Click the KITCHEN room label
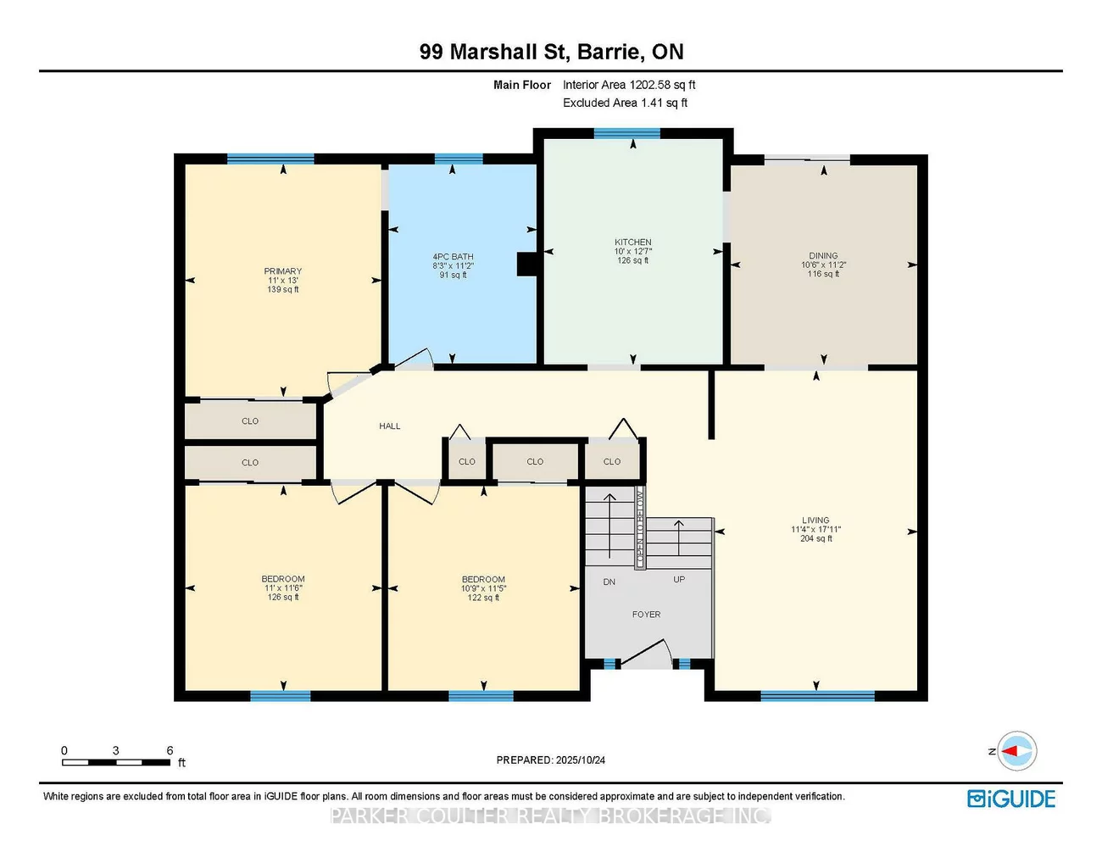[x=633, y=242]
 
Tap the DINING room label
[x=822, y=256]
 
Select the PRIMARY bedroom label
[x=283, y=271]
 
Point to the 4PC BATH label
[x=453, y=257]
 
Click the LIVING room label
[x=815, y=521]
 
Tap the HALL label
[x=390, y=426]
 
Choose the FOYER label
[x=646, y=615]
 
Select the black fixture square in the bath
[x=527, y=265]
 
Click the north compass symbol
[x=1016, y=751]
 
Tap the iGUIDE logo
[x=1011, y=799]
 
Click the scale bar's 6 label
[x=170, y=750]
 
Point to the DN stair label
[x=609, y=582]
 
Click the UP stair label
[x=679, y=580]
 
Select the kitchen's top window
[x=626, y=133]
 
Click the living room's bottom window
[x=817, y=697]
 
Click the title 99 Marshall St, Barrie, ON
[x=551, y=52]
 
